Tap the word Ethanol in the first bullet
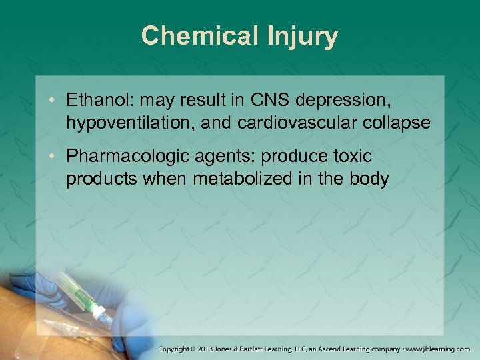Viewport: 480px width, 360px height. (93, 100)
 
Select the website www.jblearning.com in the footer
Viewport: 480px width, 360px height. (440, 349)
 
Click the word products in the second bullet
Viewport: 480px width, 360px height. (93, 179)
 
